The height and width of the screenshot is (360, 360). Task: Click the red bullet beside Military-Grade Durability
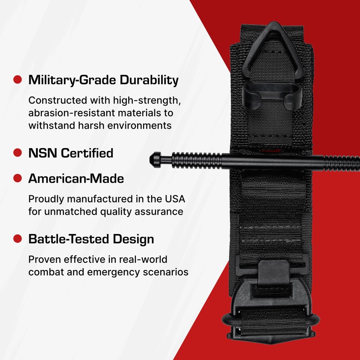pos(18,80)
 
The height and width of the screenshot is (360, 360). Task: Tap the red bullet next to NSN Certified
pos(18,153)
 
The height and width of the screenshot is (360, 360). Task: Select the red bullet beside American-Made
pos(18,179)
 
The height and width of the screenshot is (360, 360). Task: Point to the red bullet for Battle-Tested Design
pos(18,238)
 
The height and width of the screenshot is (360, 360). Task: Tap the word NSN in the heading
pos(43,153)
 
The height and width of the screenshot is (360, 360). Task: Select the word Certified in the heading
pos(88,153)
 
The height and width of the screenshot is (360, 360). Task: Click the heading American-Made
pos(76,179)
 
